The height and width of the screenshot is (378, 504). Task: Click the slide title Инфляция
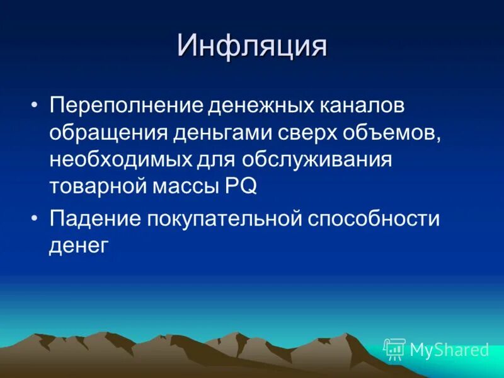(252, 47)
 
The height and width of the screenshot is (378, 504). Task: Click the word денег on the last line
(79, 245)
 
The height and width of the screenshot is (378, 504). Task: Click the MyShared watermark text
(449, 350)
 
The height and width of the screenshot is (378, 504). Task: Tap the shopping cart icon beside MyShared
(395, 348)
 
